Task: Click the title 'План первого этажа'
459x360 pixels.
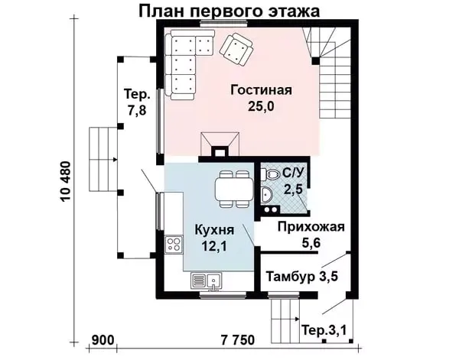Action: (x=229, y=11)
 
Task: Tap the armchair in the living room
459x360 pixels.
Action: (x=236, y=49)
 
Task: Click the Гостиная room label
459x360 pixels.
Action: (x=261, y=89)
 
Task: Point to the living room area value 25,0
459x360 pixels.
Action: (x=261, y=107)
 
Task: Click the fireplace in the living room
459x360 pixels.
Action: (x=220, y=144)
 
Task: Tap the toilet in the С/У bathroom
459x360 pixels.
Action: (x=270, y=174)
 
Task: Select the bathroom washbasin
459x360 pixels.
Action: (x=266, y=194)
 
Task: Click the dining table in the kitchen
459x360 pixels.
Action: (x=235, y=189)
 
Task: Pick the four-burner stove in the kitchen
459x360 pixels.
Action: (x=174, y=244)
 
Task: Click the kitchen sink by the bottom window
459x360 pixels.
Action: (x=207, y=281)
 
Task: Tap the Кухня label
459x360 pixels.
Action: (x=214, y=230)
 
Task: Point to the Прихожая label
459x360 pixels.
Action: (x=311, y=227)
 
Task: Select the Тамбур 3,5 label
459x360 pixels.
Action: (x=302, y=276)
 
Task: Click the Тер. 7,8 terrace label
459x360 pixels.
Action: (x=137, y=102)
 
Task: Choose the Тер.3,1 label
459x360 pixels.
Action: (x=324, y=330)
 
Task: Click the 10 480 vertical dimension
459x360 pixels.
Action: (x=66, y=181)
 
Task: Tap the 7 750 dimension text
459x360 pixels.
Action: (x=238, y=340)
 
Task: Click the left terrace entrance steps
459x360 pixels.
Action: (x=103, y=159)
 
